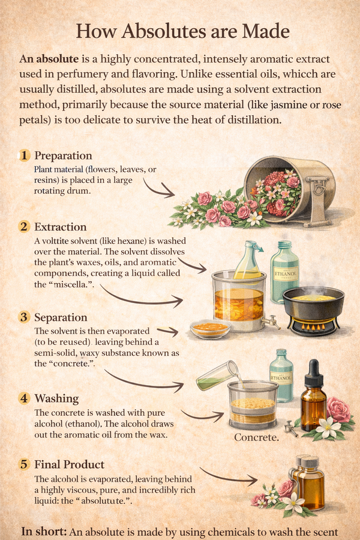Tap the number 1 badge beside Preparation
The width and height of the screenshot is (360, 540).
[25, 155]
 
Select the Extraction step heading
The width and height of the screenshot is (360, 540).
[61, 227]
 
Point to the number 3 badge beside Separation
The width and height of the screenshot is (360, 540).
[25, 317]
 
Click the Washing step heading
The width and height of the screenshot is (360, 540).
[56, 398]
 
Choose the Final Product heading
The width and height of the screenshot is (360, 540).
[69, 464]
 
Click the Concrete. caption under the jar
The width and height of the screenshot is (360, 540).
[256, 437]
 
